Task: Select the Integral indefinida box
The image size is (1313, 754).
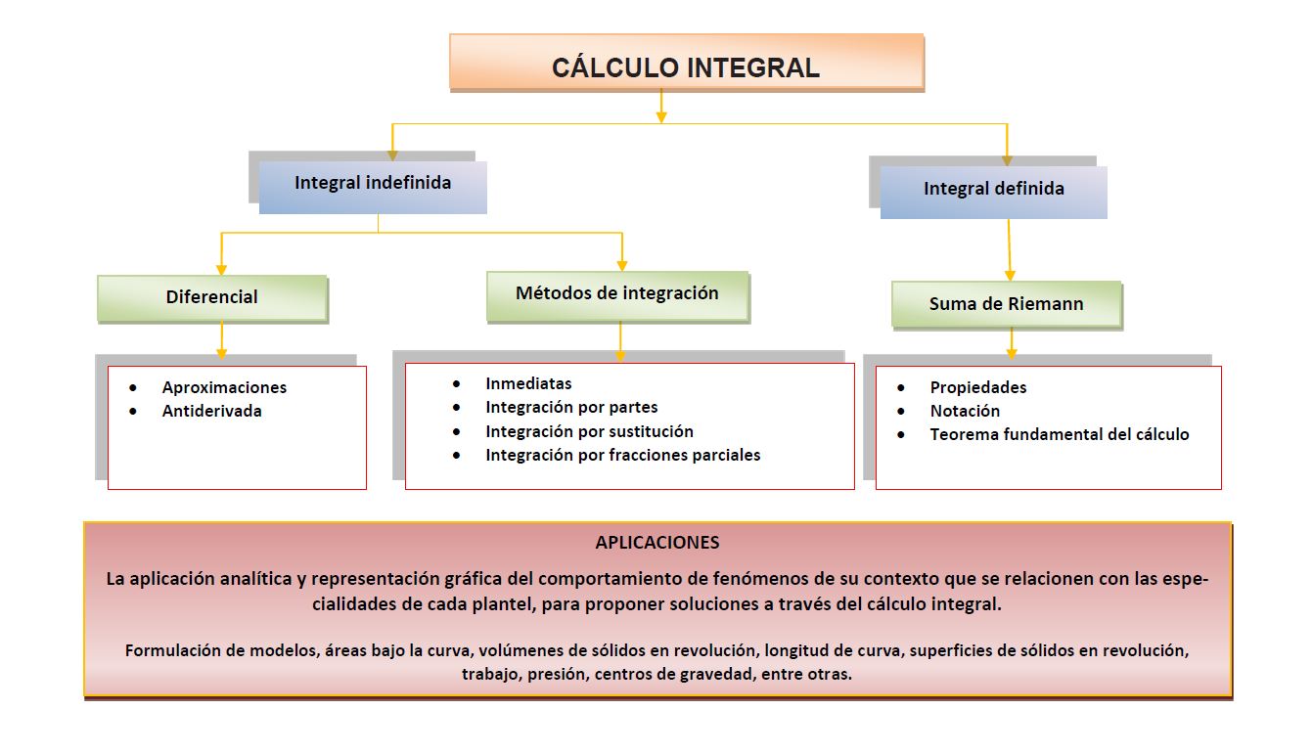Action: tap(373, 185)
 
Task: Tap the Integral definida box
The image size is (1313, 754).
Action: tap(993, 191)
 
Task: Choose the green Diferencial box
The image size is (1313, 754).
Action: tap(212, 297)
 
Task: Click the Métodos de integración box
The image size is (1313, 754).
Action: tap(617, 294)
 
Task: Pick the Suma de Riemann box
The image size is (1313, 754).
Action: tap(1006, 304)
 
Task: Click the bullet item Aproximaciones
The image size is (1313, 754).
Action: tap(224, 387)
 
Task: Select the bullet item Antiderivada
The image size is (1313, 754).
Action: tap(211, 411)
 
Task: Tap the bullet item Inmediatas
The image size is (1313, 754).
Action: tap(528, 383)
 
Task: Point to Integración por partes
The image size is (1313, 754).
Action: tap(571, 407)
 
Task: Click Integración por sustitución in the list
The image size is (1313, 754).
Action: tap(589, 431)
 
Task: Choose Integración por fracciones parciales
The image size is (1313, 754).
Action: tap(622, 455)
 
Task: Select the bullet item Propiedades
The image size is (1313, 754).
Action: tap(978, 387)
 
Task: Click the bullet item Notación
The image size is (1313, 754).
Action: tap(965, 411)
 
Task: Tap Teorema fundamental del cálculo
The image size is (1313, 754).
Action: tap(1060, 434)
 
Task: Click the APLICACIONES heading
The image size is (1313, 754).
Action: tap(657, 542)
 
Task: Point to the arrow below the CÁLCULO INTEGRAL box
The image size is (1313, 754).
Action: tap(662, 107)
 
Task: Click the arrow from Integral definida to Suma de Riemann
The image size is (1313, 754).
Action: tap(1010, 250)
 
